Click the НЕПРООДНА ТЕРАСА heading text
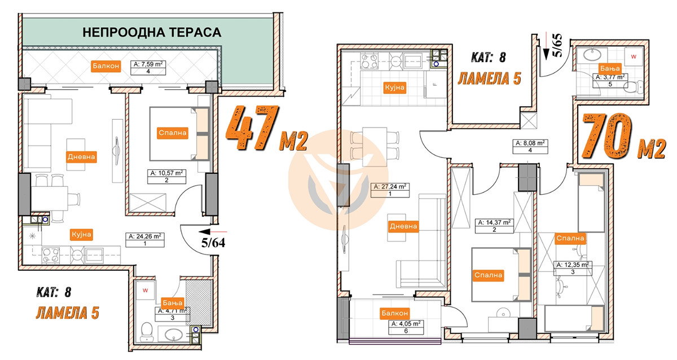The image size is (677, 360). (x=152, y=32)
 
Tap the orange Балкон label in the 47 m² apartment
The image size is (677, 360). (x=106, y=66)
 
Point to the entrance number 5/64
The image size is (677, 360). (x=213, y=243)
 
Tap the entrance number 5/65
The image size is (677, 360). (x=558, y=45)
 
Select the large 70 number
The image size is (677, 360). (x=607, y=136)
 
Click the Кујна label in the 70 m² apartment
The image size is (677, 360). (x=395, y=87)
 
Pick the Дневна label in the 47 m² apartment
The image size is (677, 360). (x=81, y=156)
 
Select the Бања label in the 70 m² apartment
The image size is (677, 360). (x=610, y=69)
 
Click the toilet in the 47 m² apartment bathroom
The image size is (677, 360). (x=147, y=332)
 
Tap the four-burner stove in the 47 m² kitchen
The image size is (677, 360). (x=50, y=255)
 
